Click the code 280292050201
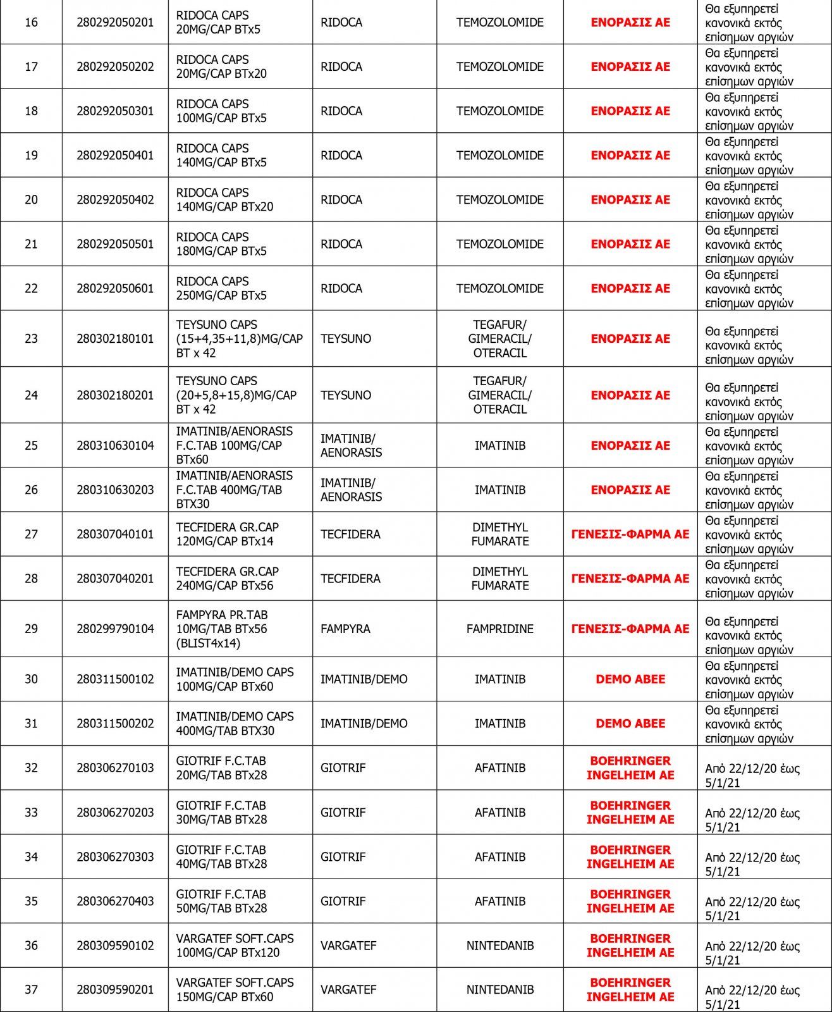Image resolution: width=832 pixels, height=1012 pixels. pyautogui.click(x=115, y=22)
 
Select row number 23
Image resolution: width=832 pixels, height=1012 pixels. pyautogui.click(x=31, y=338)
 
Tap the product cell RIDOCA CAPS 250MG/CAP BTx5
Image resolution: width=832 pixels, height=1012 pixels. pyautogui.click(x=221, y=288)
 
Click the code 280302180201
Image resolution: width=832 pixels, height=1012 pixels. pyautogui.click(x=115, y=395)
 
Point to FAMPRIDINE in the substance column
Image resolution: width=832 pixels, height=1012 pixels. pyautogui.click(x=499, y=629)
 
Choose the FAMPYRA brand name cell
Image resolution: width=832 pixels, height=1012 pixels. pyautogui.click(x=345, y=629)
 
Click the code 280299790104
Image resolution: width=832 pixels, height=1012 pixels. pyautogui.click(x=115, y=629)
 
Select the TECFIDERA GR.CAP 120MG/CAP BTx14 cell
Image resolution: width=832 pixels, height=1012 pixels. pyautogui.click(x=228, y=534)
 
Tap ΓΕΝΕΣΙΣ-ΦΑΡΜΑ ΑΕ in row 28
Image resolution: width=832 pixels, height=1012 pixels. pyautogui.click(x=630, y=578)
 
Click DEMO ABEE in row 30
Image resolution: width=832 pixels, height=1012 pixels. pyautogui.click(x=630, y=679)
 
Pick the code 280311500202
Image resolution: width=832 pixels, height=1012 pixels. pyautogui.click(x=115, y=724)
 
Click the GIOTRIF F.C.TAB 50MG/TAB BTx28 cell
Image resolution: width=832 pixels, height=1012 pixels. pyautogui.click(x=221, y=901)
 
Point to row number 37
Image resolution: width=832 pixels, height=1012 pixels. pyautogui.click(x=31, y=989)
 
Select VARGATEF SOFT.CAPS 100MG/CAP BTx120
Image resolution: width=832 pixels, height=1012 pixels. pyautogui.click(x=235, y=946)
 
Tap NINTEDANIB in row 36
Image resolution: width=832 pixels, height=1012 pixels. pyautogui.click(x=499, y=946)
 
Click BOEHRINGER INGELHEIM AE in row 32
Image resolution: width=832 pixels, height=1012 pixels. pyautogui.click(x=630, y=768)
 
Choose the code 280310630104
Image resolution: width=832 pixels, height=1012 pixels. pyautogui.click(x=115, y=445)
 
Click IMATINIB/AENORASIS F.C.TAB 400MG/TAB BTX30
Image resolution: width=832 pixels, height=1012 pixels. pyautogui.click(x=234, y=490)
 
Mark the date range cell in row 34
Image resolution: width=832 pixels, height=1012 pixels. pyautogui.click(x=752, y=864)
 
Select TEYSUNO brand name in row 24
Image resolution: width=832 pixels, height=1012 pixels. pyautogui.click(x=345, y=395)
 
